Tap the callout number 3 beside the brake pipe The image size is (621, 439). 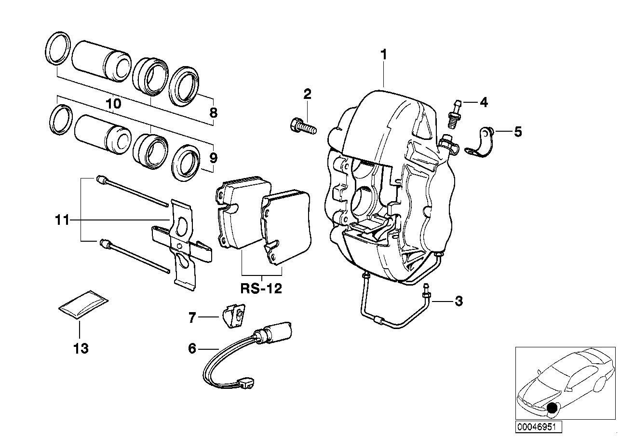point(459,302)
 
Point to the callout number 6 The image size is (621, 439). point(192,348)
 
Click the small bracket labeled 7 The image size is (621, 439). point(233,316)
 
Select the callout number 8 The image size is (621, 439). point(213,113)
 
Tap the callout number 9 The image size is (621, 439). point(213,158)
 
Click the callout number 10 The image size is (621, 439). point(113,104)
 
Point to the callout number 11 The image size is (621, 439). point(62,220)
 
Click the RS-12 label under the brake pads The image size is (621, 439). point(261,289)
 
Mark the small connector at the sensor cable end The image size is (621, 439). point(247,384)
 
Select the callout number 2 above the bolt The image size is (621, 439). point(307,93)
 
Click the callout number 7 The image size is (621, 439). point(192,317)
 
